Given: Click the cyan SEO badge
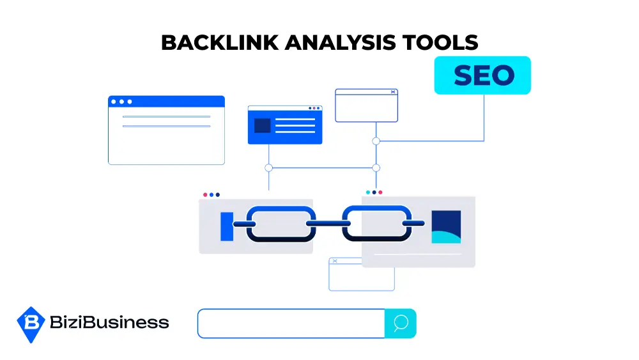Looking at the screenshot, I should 482,75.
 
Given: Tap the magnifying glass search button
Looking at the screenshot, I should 401,324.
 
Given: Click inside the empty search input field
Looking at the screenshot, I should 291,324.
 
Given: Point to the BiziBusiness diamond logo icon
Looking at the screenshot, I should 30,324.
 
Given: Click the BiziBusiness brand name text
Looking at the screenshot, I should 109,322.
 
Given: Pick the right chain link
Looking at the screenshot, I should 376,224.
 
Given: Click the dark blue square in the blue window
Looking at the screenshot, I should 262,125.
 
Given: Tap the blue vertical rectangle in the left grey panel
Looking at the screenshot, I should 227,226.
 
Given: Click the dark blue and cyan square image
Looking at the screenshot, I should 446,226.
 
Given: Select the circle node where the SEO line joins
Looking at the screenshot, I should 376,141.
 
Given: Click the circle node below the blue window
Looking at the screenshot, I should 268,168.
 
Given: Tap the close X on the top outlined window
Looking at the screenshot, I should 393,93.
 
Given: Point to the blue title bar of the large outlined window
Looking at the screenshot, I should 166,102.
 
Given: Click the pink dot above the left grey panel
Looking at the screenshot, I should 205,194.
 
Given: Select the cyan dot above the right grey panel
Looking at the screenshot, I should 367,192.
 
